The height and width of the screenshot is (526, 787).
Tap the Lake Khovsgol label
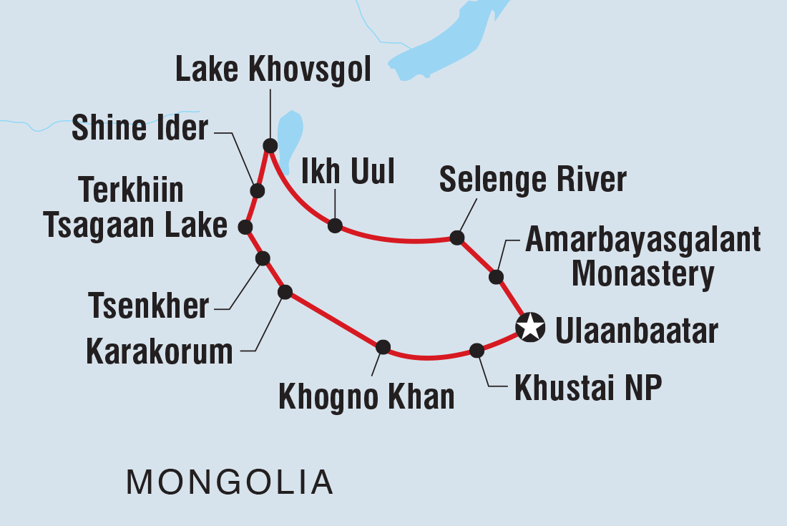(273, 71)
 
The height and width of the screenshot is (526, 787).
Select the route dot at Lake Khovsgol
(270, 146)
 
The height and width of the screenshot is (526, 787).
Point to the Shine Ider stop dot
(257, 191)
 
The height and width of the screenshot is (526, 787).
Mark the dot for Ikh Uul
(335, 225)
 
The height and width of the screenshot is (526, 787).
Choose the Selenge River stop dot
(456, 238)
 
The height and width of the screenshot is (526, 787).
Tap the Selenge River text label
(533, 180)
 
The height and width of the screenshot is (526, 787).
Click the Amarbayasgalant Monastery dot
(496, 276)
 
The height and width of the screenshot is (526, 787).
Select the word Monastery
(644, 274)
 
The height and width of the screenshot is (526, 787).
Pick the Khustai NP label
(588, 389)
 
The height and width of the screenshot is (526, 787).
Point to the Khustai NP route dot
(476, 350)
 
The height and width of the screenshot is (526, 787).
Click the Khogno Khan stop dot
(383, 347)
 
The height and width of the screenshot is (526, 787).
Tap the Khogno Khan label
(366, 398)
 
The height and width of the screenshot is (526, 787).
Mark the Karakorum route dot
(285, 291)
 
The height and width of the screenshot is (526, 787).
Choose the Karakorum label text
(160, 352)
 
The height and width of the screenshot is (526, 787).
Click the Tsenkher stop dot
(263, 258)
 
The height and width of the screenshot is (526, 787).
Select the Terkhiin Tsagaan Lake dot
(245, 227)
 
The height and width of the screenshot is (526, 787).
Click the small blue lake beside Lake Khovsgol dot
(289, 136)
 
